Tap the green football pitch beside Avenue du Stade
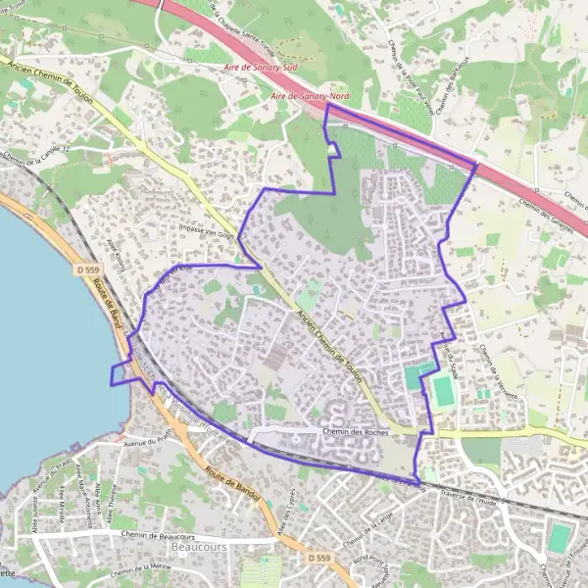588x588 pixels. tap(444, 391)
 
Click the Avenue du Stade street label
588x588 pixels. tap(452, 358)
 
